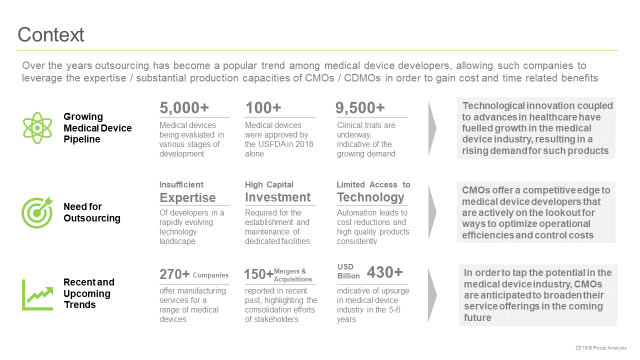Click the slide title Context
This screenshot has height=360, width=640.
(x=51, y=34)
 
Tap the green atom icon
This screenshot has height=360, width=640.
(x=37, y=127)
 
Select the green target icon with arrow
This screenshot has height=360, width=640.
(x=37, y=212)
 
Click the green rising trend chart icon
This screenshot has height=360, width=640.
(x=37, y=295)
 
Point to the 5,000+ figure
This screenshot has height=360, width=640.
(x=184, y=107)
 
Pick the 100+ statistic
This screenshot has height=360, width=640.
(x=263, y=107)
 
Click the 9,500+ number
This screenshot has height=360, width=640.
(x=360, y=107)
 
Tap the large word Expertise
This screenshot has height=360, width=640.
(x=187, y=197)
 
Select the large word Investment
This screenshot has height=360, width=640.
(x=277, y=197)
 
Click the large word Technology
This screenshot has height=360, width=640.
(x=371, y=197)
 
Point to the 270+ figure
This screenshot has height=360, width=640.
(x=174, y=274)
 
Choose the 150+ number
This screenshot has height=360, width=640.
(x=259, y=274)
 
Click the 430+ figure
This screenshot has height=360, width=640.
(x=385, y=272)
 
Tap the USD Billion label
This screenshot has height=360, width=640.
(x=348, y=271)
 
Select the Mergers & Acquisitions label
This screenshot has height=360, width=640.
(x=293, y=275)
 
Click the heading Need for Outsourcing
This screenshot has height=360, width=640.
(x=92, y=212)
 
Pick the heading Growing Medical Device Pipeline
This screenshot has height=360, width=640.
(x=97, y=127)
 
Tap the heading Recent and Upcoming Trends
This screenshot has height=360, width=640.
(x=89, y=293)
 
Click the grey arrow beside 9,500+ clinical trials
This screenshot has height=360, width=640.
(x=432, y=128)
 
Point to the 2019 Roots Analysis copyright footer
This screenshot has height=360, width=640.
(x=601, y=347)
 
